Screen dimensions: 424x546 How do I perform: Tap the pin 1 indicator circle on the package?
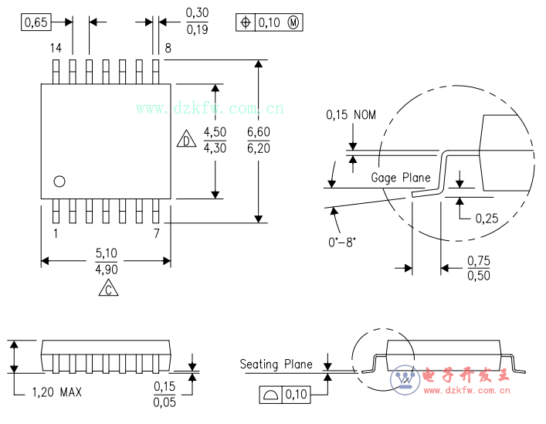(x=59, y=181)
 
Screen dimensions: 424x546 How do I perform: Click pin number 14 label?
(x=56, y=49)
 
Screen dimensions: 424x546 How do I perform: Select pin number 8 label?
(x=167, y=49)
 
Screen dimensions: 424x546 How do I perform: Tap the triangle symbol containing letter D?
(x=186, y=140)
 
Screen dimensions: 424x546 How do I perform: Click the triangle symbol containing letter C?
(x=109, y=289)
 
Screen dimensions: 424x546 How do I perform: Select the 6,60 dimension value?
(x=258, y=133)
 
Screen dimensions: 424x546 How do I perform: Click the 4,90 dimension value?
(x=106, y=270)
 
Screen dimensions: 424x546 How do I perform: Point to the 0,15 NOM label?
(x=351, y=115)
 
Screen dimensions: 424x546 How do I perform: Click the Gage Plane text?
(x=401, y=178)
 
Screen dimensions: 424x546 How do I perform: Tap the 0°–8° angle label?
(x=342, y=241)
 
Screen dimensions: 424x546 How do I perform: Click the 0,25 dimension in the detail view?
(x=487, y=218)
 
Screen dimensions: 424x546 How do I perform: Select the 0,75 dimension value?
(x=479, y=261)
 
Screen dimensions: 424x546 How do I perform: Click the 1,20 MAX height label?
(x=56, y=392)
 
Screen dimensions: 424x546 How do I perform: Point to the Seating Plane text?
(x=276, y=365)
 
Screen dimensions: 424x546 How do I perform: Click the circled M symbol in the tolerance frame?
(x=293, y=22)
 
